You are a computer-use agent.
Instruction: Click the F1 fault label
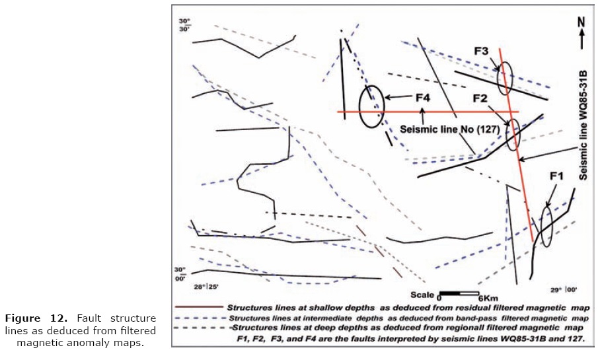[x=556, y=177]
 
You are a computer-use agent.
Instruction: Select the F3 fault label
[x=481, y=50]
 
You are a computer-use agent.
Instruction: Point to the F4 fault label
[x=422, y=98]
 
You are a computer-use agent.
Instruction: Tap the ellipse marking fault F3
[x=505, y=77]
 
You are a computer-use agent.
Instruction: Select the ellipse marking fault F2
[x=513, y=134]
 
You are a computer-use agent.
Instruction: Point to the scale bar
[x=459, y=293]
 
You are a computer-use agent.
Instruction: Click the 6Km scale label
[x=488, y=297]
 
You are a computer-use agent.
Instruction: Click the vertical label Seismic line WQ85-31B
[x=584, y=123]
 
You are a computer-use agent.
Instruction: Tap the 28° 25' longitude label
[x=206, y=287]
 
